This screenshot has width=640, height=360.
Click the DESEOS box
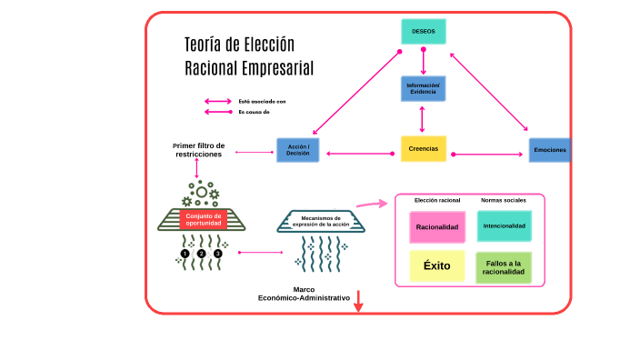point(423,32)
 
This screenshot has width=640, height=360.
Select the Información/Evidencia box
point(423,89)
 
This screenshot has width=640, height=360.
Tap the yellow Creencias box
point(424,148)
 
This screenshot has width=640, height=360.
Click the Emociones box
point(550,149)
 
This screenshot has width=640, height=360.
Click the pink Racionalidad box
point(437,226)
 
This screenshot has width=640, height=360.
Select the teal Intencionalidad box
point(505,225)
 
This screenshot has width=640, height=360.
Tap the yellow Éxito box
point(436,266)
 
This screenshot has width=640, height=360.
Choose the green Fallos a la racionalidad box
point(505,267)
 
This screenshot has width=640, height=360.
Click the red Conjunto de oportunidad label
point(204,219)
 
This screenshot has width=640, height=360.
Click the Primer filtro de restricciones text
point(198,150)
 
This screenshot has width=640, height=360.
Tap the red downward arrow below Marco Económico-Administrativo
point(358,303)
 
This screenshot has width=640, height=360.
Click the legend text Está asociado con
point(262,101)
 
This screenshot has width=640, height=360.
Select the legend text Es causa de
point(254,112)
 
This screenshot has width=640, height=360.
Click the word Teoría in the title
point(203,45)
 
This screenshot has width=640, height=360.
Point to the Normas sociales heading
point(502,199)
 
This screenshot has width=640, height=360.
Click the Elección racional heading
point(437,199)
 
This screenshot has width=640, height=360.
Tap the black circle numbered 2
point(202,254)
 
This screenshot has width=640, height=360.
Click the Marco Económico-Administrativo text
point(304,294)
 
